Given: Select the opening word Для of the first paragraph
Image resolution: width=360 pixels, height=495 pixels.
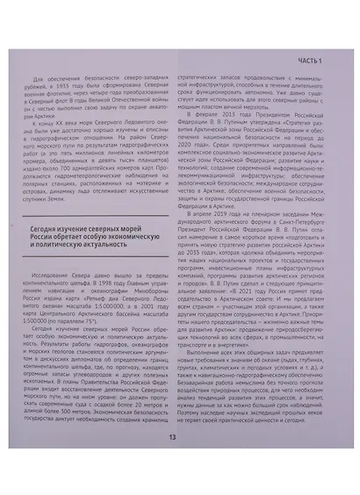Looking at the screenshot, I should point(40,79).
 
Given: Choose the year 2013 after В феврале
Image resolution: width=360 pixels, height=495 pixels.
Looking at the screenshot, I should point(238,125).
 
